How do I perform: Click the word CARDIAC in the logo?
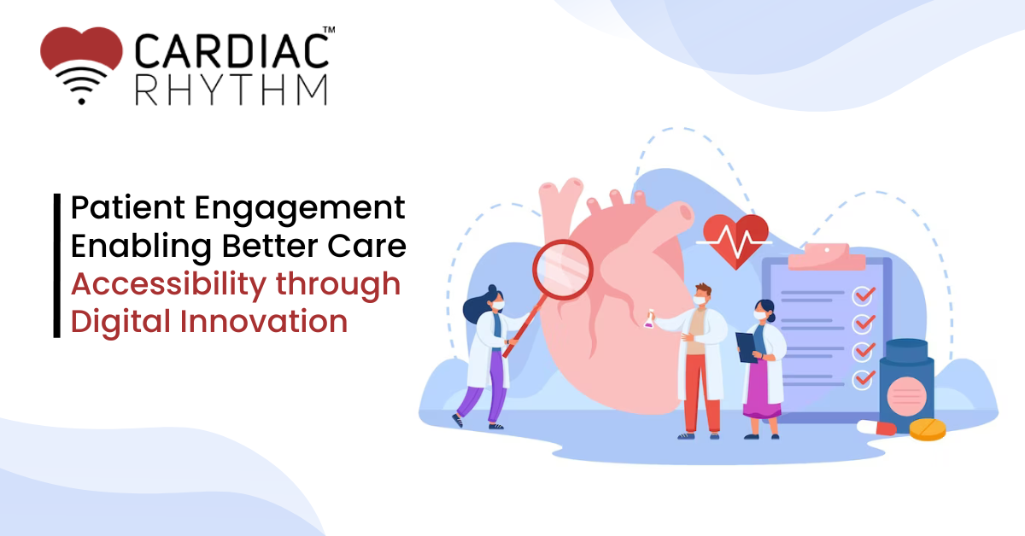click(x=231, y=50)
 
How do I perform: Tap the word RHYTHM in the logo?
click(x=231, y=90)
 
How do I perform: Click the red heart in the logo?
click(x=81, y=49)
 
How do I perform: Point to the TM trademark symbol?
click(x=329, y=30)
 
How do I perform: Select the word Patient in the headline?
click(x=128, y=207)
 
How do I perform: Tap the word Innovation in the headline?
click(x=264, y=322)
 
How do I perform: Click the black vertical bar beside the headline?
click(x=57, y=265)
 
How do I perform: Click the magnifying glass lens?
click(x=563, y=270)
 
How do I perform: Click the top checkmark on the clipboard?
click(x=864, y=295)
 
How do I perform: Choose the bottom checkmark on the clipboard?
click(x=864, y=379)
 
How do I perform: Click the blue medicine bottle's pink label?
click(x=906, y=396)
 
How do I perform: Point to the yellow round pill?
click(x=928, y=429)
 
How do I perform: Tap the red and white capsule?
click(x=876, y=428)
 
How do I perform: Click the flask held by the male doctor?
click(x=649, y=318)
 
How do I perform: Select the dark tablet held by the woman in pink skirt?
click(x=747, y=347)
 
